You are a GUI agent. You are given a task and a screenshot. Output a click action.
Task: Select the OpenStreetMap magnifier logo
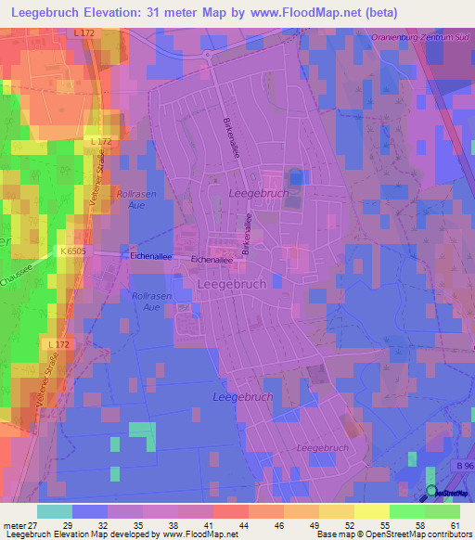[432, 492]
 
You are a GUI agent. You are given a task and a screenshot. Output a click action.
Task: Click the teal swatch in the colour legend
[54, 511]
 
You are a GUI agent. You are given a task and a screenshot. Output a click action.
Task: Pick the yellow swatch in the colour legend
[371, 511]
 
